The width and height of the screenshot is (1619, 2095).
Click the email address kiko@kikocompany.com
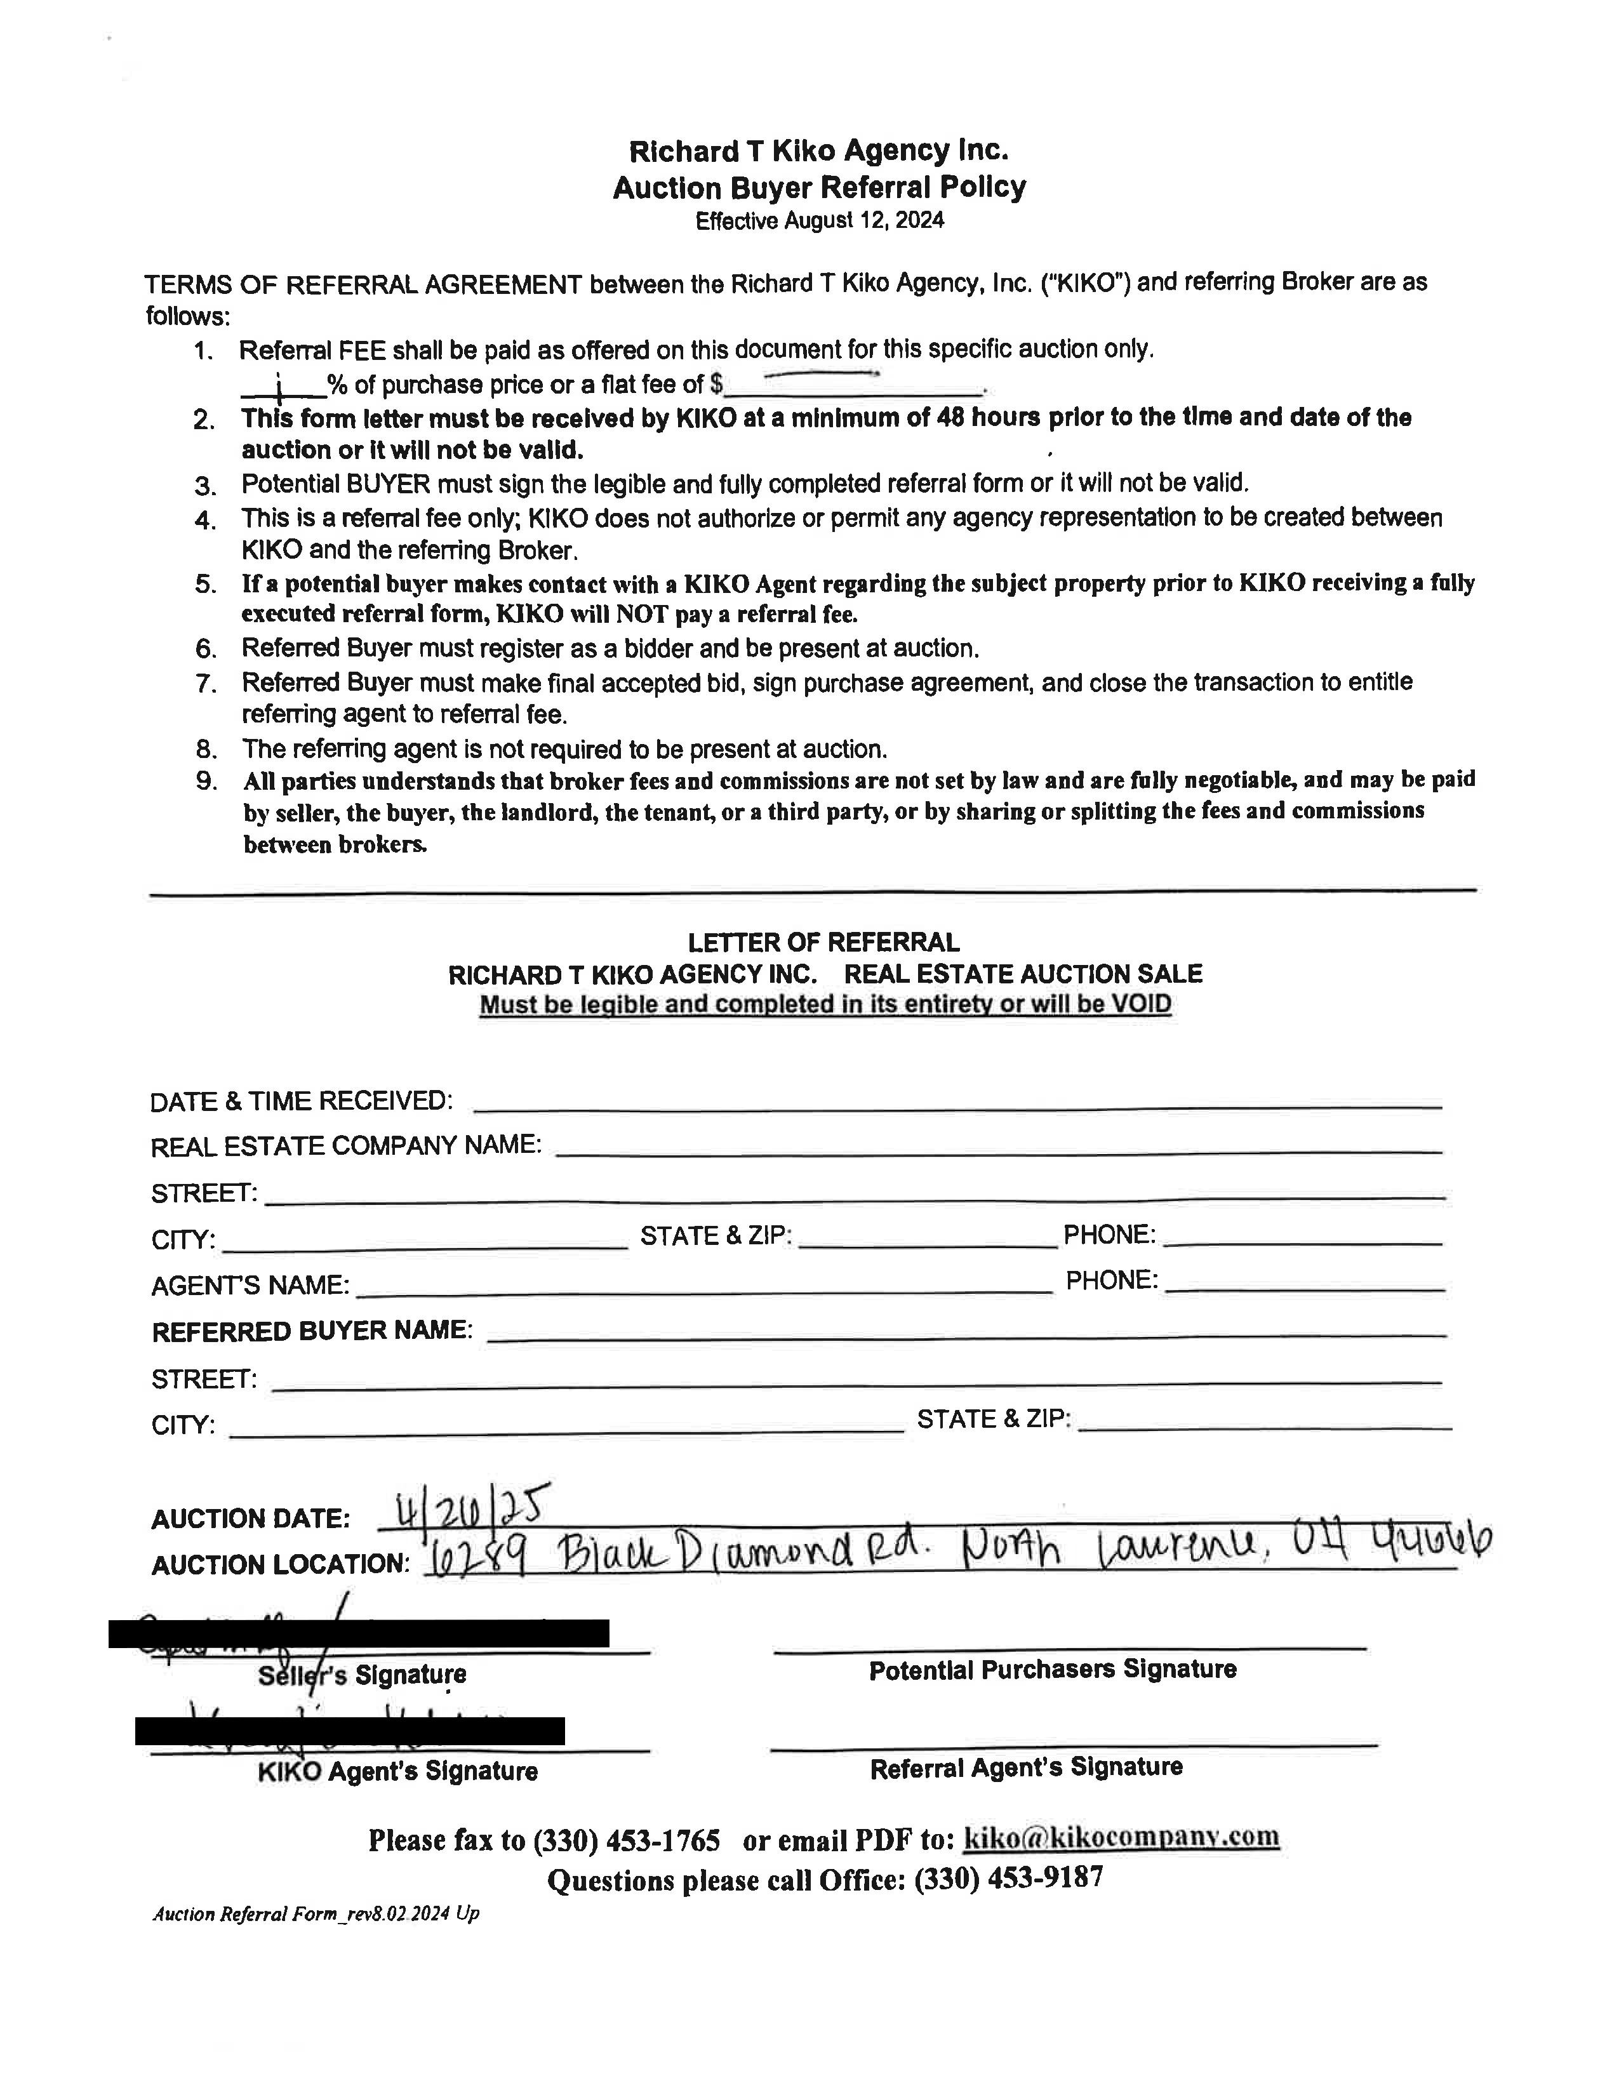pyautogui.click(x=1120, y=1837)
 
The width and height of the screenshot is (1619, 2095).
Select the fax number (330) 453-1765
pyautogui.click(x=625, y=1840)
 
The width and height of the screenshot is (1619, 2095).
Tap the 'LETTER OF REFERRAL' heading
pyautogui.click(x=823, y=942)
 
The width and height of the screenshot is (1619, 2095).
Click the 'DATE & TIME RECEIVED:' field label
pyautogui.click(x=301, y=1101)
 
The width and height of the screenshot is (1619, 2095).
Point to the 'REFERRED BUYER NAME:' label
pyautogui.click(x=312, y=1331)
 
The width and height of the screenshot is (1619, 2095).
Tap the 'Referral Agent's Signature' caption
pyautogui.click(x=1025, y=1768)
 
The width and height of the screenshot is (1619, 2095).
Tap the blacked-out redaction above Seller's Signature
pyautogui.click(x=359, y=1633)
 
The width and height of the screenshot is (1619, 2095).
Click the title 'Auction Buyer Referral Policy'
pyautogui.click(x=819, y=187)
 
